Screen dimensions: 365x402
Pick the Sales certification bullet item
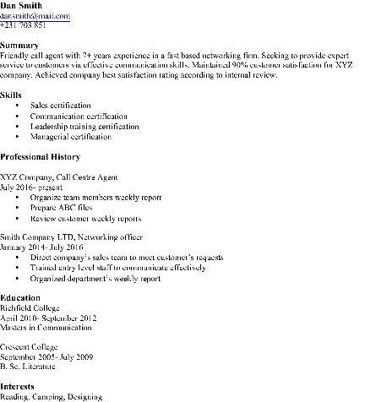(x=62, y=105)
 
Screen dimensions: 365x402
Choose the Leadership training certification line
(x=83, y=125)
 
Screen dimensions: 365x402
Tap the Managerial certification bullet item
(x=70, y=135)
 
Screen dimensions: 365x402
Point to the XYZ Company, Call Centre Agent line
(x=59, y=177)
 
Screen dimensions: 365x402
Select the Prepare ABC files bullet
(x=61, y=206)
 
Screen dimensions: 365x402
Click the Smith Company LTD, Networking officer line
(x=71, y=237)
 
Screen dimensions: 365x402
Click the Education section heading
(x=20, y=298)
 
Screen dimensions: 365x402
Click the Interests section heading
(x=19, y=388)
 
